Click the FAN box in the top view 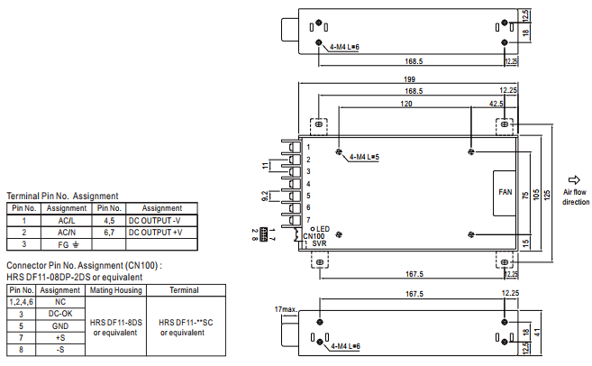tap(505, 193)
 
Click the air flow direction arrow tap(574, 179)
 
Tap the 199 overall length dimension tap(409, 79)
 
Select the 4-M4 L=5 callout tap(364, 157)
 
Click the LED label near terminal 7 tap(323, 229)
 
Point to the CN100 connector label tap(314, 236)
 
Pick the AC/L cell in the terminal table tap(67, 221)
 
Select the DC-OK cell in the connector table tap(60, 314)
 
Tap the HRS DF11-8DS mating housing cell tap(116, 323)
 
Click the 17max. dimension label tap(286, 309)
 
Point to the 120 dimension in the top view tap(406, 104)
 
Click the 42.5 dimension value tap(496, 104)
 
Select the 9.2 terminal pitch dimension tap(265, 196)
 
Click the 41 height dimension tap(537, 333)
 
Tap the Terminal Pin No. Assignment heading tap(62, 196)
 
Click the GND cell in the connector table tap(60, 326)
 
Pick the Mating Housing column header tap(116, 290)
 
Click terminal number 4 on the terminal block tap(308, 184)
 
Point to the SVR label tap(319, 243)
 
